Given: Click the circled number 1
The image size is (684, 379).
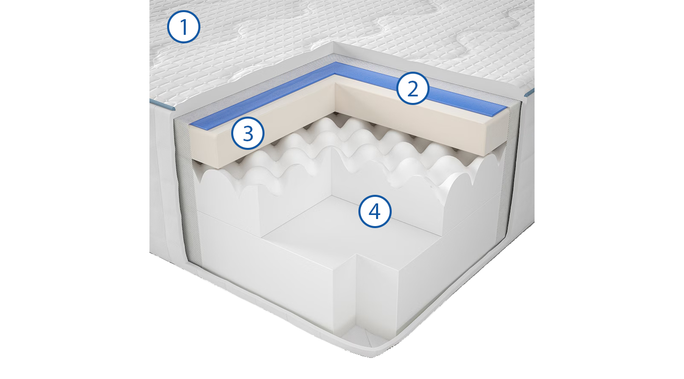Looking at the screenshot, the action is pos(184,27).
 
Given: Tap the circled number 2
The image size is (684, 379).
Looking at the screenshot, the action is pos(413,88).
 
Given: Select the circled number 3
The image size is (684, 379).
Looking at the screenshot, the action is pos(248,133).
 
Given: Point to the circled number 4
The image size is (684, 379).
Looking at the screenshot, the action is pos(375,211).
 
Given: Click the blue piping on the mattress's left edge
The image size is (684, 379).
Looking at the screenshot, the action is pos(162,105).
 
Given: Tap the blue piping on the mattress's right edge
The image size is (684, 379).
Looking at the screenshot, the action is pos(529,93).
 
